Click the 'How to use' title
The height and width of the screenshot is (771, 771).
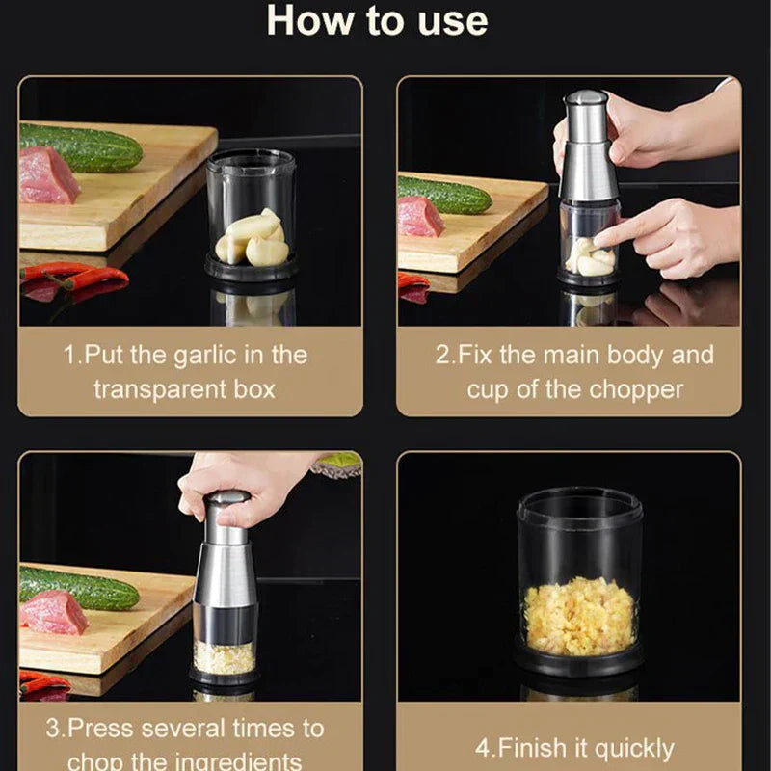tap(377, 21)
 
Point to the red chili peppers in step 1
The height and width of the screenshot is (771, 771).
tap(77, 279)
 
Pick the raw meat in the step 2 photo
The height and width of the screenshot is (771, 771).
tap(420, 218)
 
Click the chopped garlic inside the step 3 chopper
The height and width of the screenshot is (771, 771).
tap(225, 656)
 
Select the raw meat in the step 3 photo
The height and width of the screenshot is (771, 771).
tap(54, 613)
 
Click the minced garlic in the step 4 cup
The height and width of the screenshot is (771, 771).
tap(578, 617)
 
